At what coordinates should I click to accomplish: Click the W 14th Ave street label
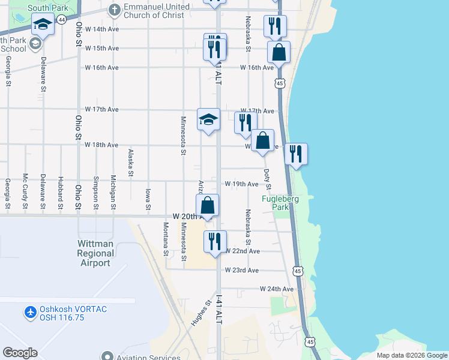[102, 29]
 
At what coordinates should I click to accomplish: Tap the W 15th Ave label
[102, 48]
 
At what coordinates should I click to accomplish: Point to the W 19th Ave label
[241, 184]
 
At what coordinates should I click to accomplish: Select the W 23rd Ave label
[241, 271]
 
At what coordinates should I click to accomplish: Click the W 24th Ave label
[277, 289]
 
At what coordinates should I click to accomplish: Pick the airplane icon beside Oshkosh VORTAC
[30, 312]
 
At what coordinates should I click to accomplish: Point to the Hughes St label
[199, 313]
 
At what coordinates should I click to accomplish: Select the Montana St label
[166, 239]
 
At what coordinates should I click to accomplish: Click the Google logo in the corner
[20, 353]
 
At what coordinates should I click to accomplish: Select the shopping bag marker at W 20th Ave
[207, 205]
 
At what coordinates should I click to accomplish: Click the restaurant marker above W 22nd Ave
[215, 241]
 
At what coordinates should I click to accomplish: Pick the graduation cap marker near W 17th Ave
[208, 119]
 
